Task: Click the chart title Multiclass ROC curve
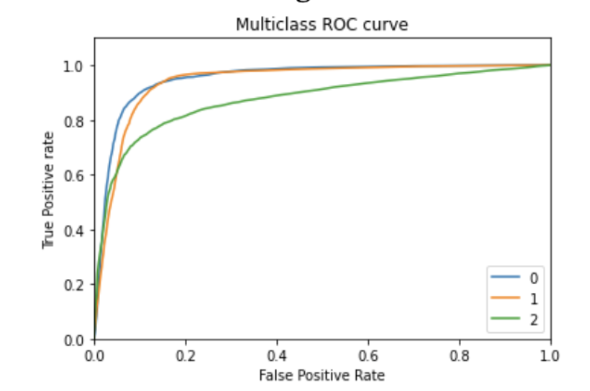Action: [322, 25]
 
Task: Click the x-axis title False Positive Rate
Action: [322, 375]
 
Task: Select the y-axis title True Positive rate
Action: [48, 190]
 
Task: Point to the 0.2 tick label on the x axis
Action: [185, 356]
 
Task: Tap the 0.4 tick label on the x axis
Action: [277, 356]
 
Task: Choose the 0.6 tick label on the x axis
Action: [368, 356]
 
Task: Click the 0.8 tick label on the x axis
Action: [459, 356]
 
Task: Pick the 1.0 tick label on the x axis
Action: [549, 356]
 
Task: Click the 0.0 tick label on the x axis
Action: [94, 356]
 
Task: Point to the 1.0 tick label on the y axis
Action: [73, 66]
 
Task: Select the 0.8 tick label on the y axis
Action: [73, 121]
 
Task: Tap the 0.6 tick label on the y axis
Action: [73, 176]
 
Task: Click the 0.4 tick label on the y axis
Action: [73, 231]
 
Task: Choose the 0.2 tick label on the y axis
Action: [73, 285]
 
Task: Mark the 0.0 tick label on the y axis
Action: [73, 340]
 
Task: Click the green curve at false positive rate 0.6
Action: [368, 83]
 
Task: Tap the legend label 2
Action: [534, 320]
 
